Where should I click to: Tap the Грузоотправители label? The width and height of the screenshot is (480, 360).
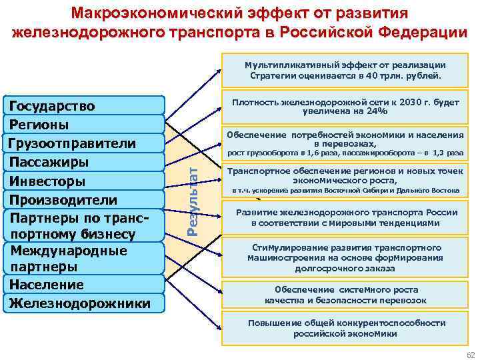point(71,143)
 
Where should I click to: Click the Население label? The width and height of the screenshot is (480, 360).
point(46,285)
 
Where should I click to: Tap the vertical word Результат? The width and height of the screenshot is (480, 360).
point(192,200)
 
